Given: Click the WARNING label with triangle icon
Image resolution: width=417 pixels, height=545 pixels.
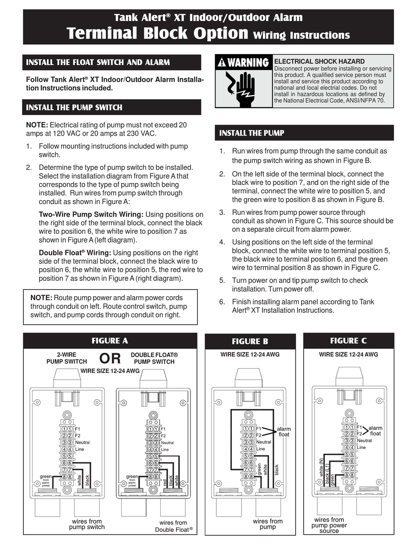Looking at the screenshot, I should [x=243, y=62].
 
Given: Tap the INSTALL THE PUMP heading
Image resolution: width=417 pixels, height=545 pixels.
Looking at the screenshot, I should [x=252, y=133].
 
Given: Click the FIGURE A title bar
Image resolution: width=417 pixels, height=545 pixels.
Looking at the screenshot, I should [x=110, y=341].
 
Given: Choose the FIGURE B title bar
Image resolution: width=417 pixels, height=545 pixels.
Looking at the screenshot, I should [x=250, y=341].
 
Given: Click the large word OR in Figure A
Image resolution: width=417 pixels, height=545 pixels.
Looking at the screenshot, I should [x=110, y=358].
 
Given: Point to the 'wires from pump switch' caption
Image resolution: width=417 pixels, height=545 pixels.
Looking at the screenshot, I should [x=86, y=524].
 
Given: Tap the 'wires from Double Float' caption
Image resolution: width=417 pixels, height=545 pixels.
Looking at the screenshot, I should [x=174, y=526].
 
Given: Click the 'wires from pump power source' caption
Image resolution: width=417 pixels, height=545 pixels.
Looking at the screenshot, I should [x=329, y=525].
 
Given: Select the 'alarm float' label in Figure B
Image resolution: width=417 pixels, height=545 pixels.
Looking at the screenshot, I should [x=284, y=431].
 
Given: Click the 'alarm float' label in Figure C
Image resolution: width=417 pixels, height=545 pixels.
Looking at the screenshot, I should [x=375, y=430].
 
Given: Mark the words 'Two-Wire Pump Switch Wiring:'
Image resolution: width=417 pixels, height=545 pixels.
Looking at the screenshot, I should [x=91, y=215].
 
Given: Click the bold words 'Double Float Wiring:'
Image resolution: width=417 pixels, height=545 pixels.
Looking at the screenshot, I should [x=75, y=253].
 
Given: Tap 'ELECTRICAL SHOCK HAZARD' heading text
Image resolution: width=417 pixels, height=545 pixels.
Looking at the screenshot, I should [x=319, y=61].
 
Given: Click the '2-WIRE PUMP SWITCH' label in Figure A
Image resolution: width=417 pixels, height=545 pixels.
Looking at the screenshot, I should [x=67, y=358].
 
